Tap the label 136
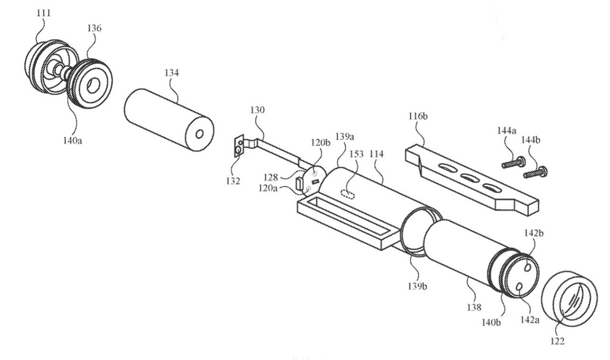pos(95,28)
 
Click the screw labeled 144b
pos(536,173)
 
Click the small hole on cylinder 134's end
pos(199,134)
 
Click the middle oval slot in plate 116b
pos(471,178)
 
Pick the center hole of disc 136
pos(93,85)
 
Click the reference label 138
pos(473,308)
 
